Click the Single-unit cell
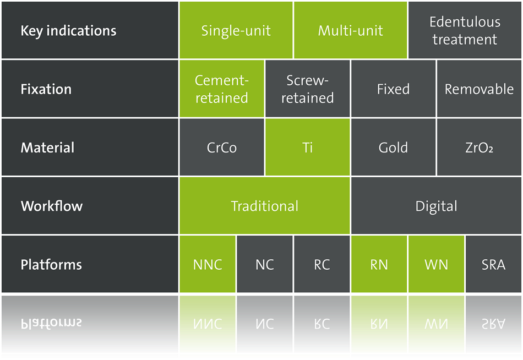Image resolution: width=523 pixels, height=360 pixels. pos(236,30)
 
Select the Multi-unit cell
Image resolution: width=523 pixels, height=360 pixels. pos(350,30)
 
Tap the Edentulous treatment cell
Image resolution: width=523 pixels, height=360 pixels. pos(465,30)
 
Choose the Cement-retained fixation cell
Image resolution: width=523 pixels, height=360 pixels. pos(221,89)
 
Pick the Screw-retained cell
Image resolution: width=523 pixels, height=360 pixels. pos(308,89)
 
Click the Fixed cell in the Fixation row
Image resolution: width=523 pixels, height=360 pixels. pos(393,89)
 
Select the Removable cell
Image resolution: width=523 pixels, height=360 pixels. pos(480,89)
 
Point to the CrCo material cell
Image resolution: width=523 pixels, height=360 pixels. pos(221,147)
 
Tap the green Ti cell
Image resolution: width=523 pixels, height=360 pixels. pos(308,147)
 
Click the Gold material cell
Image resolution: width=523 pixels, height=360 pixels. pos(393,147)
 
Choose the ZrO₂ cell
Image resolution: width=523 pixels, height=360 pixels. pos(480,147)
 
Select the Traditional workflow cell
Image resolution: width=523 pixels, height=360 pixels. pos(264,205)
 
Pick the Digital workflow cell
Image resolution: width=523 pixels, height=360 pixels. pos(436,205)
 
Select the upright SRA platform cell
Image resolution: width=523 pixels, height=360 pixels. pos(494,264)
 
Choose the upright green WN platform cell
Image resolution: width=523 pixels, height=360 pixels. pos(436,264)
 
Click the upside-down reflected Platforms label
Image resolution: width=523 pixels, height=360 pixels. pos(51,323)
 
